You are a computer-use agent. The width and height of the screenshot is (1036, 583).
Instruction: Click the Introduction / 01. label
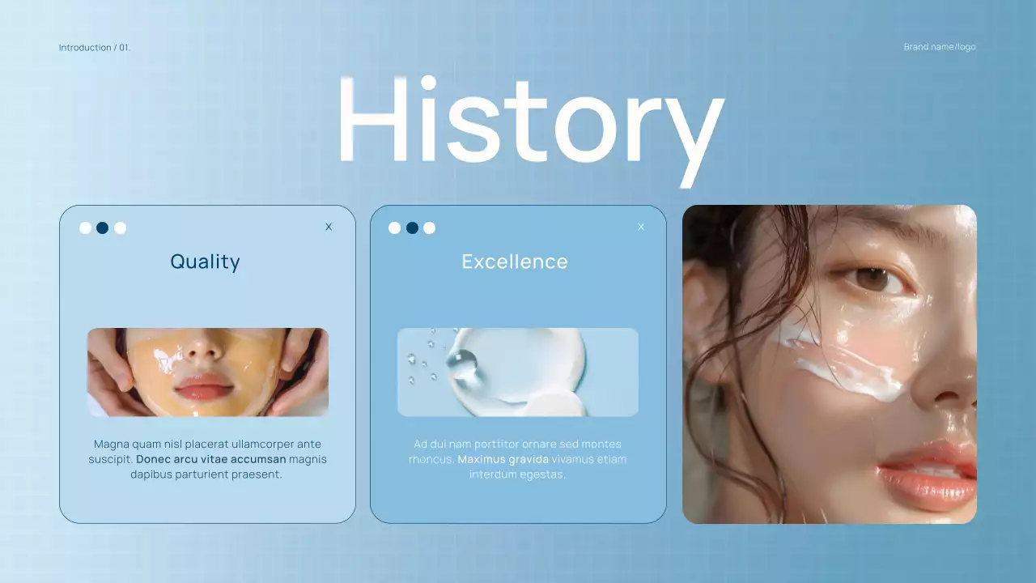click(95, 48)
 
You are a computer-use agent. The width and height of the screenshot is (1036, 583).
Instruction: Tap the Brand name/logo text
click(940, 47)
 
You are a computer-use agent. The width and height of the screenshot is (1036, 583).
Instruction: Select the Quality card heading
click(205, 262)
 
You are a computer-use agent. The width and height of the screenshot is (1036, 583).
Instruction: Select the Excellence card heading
click(515, 262)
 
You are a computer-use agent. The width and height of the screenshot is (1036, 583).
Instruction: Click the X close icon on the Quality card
click(329, 227)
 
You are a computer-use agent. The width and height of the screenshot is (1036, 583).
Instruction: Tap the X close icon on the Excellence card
click(641, 227)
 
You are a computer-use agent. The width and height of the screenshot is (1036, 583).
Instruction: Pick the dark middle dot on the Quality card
click(103, 228)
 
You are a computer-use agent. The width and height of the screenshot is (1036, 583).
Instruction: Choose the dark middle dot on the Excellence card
click(412, 228)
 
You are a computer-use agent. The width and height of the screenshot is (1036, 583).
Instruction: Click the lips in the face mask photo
click(203, 387)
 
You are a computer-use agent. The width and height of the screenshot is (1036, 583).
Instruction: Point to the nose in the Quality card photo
click(205, 347)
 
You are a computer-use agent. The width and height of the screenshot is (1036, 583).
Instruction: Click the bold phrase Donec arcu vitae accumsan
click(211, 459)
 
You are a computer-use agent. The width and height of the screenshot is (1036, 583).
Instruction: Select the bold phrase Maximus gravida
click(503, 459)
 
